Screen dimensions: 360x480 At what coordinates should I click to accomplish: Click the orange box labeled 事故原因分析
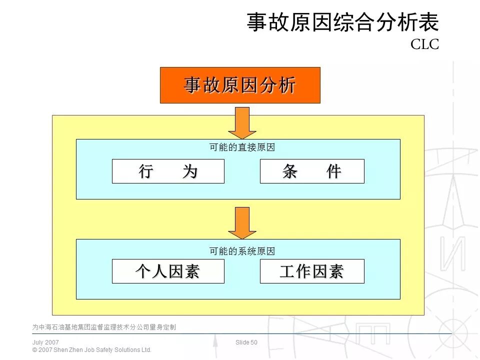(240, 85)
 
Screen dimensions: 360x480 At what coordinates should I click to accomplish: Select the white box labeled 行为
(168, 171)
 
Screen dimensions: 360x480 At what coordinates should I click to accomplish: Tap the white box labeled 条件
(312, 171)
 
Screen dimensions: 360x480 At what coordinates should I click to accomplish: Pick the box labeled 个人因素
(168, 271)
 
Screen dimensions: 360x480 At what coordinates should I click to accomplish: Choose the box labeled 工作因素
(312, 271)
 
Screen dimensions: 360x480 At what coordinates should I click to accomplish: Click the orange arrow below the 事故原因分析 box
(242, 123)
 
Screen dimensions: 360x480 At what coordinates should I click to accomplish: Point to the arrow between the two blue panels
(242, 223)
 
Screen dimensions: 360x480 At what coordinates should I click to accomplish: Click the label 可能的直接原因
(242, 147)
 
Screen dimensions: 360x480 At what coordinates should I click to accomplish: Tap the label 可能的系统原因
(242, 251)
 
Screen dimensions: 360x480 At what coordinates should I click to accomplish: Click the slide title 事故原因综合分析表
(342, 23)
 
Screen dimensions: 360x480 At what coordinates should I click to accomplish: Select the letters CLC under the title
(424, 45)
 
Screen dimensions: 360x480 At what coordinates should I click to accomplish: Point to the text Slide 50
(246, 342)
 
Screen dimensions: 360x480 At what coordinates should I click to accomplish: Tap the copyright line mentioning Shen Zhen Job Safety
(91, 350)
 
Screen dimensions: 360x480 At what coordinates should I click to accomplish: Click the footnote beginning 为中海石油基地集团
(104, 327)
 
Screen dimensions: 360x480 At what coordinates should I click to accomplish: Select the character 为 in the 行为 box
(190, 171)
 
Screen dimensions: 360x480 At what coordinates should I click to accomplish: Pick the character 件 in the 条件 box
(333, 171)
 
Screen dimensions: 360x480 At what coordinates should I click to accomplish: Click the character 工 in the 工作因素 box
(287, 271)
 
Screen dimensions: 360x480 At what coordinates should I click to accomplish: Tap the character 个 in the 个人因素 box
(143, 271)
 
